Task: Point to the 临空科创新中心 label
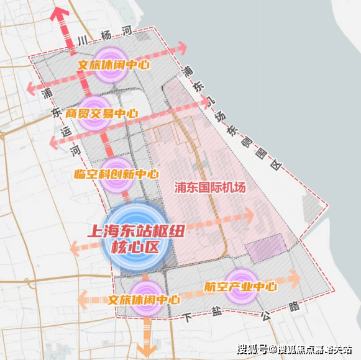point(116,175)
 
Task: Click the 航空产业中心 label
point(240,287)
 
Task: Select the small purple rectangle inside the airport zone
point(266,248)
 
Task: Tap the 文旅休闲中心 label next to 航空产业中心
point(144,299)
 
